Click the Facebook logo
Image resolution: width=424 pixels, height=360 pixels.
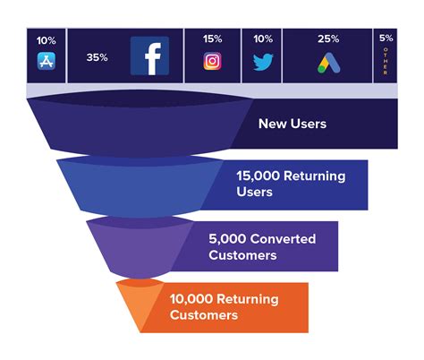coord(149,56)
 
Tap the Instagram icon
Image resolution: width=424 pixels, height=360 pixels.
coord(212,62)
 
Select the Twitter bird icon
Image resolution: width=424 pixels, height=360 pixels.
coord(262,63)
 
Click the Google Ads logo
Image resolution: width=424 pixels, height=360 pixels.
coord(327,63)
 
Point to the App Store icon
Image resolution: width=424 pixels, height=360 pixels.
coord(47,62)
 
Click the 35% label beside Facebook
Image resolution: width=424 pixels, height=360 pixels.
coord(98,57)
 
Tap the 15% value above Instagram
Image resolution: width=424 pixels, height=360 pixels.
coord(212,39)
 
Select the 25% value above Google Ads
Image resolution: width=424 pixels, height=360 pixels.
coord(327,39)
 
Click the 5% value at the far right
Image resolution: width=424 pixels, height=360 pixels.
coord(386,39)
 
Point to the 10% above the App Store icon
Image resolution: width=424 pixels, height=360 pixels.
coord(47,40)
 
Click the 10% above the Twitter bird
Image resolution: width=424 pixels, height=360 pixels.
coord(262,39)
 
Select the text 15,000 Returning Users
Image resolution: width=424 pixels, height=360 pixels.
coord(277,184)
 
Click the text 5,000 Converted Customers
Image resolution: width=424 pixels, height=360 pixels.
coord(255,247)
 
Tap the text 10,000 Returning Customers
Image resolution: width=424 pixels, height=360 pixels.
coord(223,306)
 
